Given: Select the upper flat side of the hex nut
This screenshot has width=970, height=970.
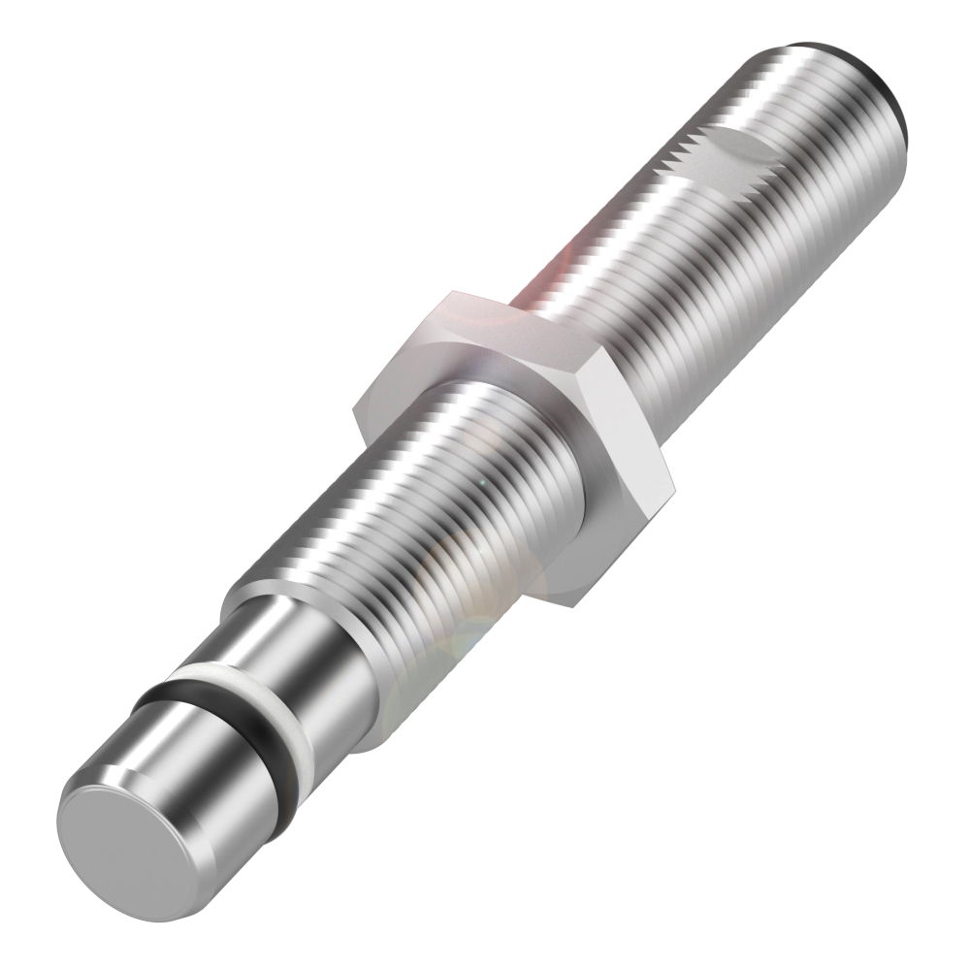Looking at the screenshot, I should [485, 310].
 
